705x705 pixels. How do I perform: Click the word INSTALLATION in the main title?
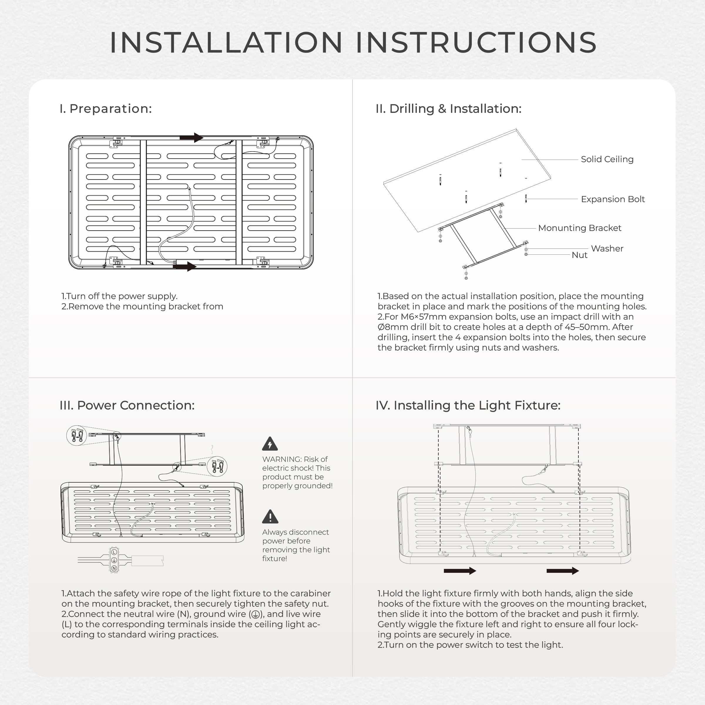(x=226, y=42)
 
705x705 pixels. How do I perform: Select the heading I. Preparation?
(x=105, y=108)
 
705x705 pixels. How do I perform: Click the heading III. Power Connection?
(x=127, y=405)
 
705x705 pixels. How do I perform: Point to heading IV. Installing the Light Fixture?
(x=468, y=405)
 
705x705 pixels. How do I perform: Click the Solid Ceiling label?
(x=607, y=159)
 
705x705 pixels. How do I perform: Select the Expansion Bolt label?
(x=613, y=199)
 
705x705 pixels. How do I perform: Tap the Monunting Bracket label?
(x=580, y=228)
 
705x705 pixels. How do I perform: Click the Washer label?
(x=607, y=249)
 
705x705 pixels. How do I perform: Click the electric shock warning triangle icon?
(x=270, y=444)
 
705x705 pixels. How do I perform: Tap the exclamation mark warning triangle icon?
(x=270, y=517)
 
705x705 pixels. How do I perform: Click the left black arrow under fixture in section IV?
(x=460, y=571)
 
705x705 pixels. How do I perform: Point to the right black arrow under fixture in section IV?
(x=562, y=571)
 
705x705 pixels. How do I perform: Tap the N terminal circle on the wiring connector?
(x=114, y=568)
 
